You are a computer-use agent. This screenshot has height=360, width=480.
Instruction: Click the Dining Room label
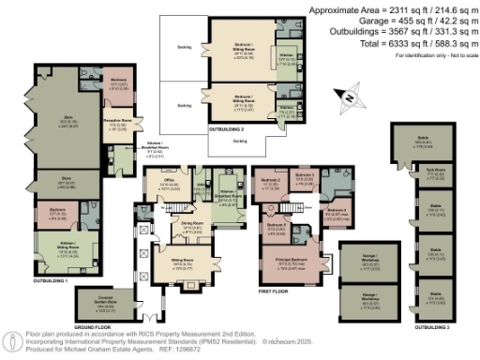(x=192, y=228)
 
